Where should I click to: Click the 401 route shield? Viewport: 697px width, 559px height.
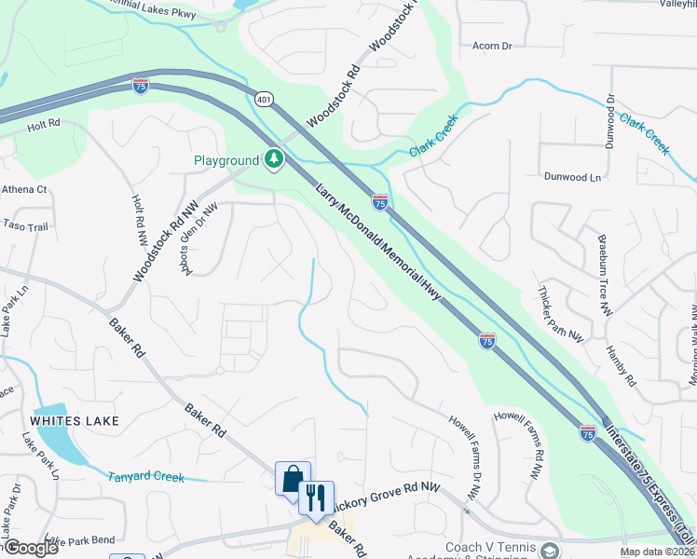[x=265, y=98]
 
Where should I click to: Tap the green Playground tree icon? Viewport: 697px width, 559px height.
[x=274, y=160]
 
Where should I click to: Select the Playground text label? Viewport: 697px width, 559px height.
[x=225, y=160]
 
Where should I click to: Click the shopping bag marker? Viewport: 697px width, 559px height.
[x=293, y=479]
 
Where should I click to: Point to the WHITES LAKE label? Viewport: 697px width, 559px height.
[x=75, y=421]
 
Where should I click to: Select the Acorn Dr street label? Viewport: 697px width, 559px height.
[x=493, y=45]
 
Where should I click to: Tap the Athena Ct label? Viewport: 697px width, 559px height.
[x=25, y=189]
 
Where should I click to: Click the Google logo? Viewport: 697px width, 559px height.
[x=31, y=548]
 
